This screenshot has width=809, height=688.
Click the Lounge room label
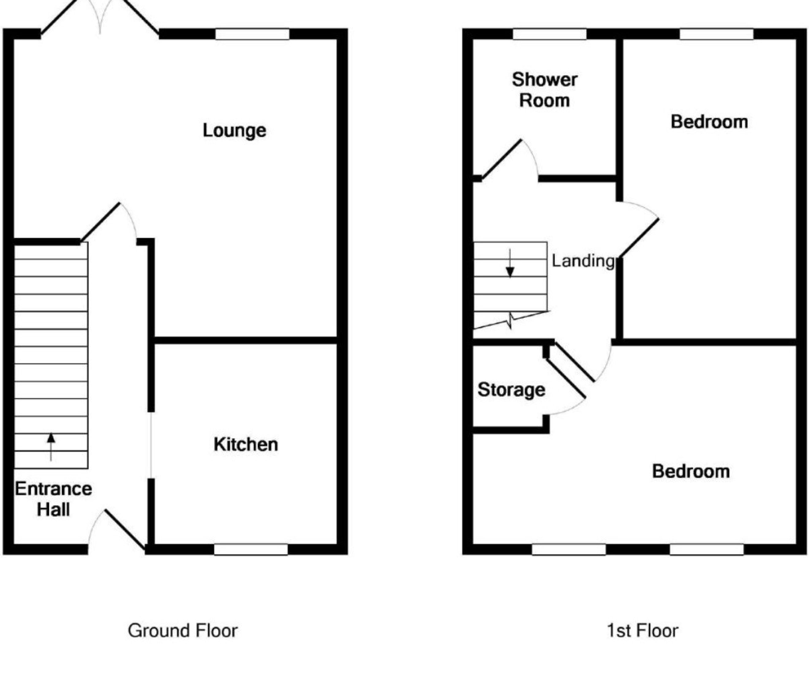point(234,131)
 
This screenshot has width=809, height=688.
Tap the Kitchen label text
point(246,445)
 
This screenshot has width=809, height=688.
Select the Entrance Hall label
point(54,499)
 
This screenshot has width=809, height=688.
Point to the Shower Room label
point(545,90)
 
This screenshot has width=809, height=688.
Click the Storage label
point(511,390)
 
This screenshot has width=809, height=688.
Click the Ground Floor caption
point(183,631)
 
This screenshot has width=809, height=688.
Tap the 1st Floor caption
point(643,631)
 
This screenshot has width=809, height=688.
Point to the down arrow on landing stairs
point(510,263)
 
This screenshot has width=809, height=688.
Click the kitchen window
point(251,550)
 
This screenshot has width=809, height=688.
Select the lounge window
point(252,34)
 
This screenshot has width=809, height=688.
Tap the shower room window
point(549,34)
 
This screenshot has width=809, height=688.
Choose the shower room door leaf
point(501,160)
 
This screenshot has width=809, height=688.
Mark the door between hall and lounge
point(100,222)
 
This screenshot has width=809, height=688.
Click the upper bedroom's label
point(709,122)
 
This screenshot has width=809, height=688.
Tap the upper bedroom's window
point(716,34)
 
